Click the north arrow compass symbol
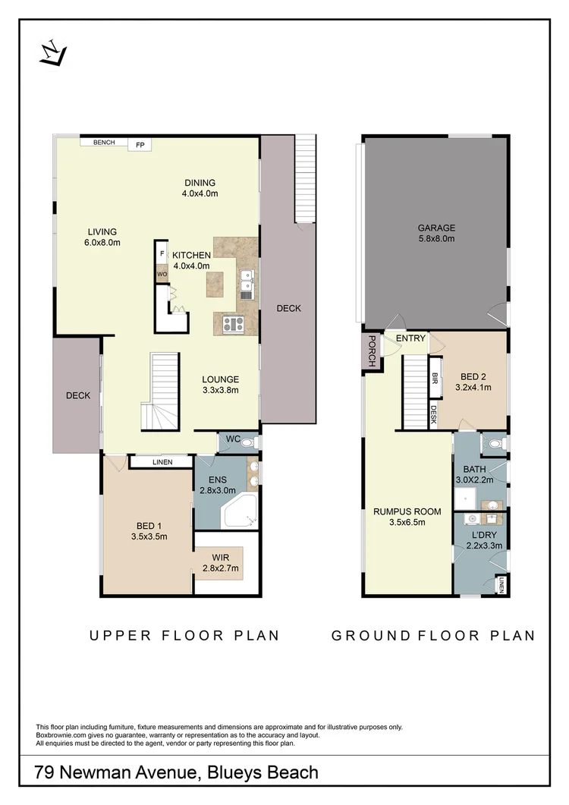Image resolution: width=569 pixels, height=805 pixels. pyautogui.click(x=53, y=53)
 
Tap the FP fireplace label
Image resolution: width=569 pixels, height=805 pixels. pyautogui.click(x=140, y=144)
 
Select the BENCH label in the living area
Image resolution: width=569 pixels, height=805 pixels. pyautogui.click(x=104, y=142)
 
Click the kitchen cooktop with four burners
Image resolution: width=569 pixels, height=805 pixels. pyautogui.click(x=233, y=324)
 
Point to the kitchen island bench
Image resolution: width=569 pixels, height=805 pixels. pyautogui.click(x=217, y=284)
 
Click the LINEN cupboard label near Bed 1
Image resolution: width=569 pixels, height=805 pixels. pyautogui.click(x=162, y=462)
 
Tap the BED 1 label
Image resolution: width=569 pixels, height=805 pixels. pyautogui.click(x=149, y=526)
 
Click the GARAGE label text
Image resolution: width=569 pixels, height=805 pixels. pyautogui.click(x=436, y=227)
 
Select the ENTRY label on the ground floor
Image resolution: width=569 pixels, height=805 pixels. pyautogui.click(x=410, y=338)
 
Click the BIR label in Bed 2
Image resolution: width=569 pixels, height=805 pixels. pyautogui.click(x=435, y=379)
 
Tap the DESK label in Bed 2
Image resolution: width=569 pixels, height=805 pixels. pyautogui.click(x=434, y=414)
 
